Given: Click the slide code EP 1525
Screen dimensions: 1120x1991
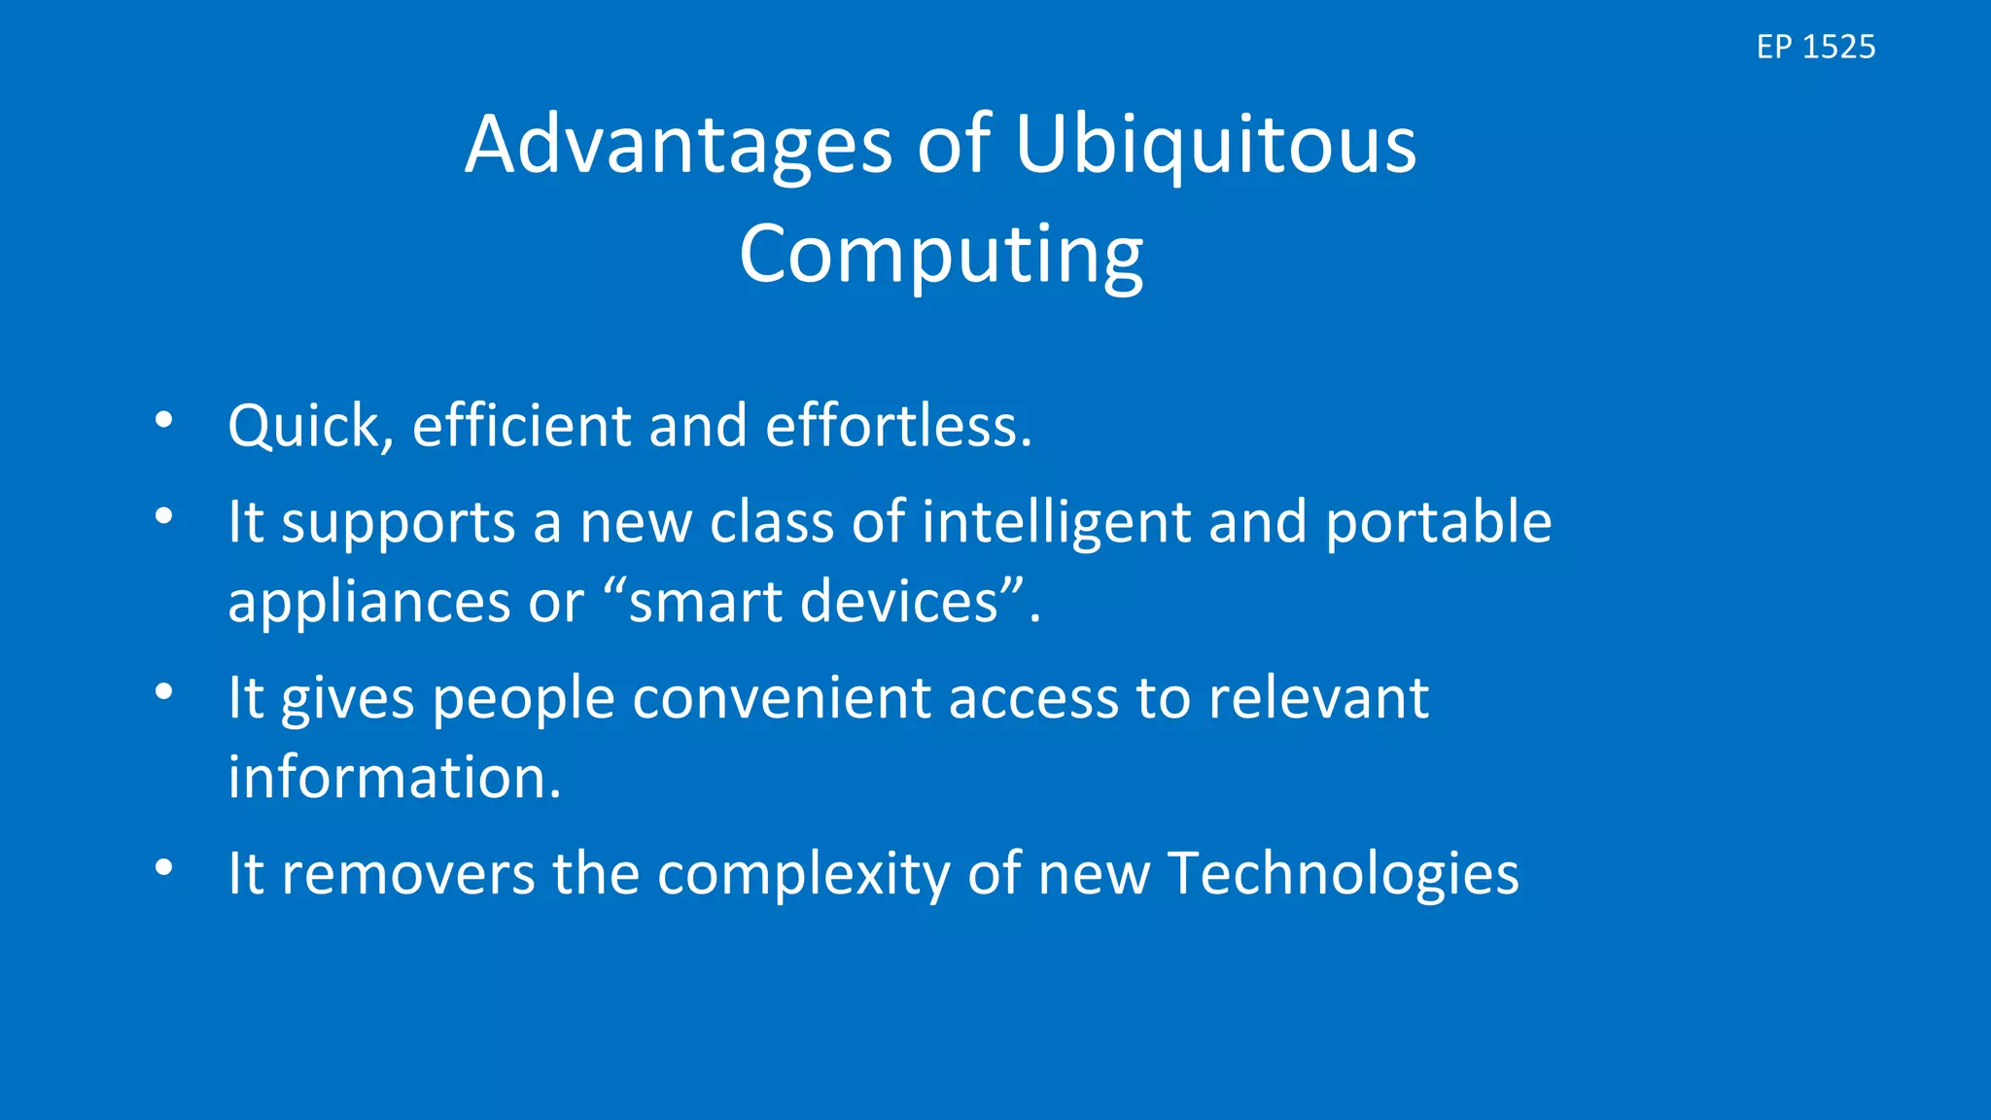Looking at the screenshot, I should point(1815,47).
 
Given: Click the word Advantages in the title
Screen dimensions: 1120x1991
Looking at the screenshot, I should point(678,146).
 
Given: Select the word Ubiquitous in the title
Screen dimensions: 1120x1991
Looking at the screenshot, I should point(1215,146).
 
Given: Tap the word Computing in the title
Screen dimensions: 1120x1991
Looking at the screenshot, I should point(940,255).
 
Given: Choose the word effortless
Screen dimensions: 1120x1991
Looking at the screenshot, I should point(897,427).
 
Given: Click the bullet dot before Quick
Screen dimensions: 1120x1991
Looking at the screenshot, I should point(163,420).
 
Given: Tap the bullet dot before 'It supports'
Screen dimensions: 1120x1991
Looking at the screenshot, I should point(163,516).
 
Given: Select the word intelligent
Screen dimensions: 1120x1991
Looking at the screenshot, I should point(1056,523).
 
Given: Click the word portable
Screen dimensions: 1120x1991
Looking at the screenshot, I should point(1438,523).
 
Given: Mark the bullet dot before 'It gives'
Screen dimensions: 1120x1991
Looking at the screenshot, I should point(163,692).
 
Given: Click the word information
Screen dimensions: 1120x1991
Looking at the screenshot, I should point(394,778).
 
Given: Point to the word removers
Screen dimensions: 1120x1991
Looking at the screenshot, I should point(407,874).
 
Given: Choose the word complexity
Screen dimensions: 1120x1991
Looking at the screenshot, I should point(803,874).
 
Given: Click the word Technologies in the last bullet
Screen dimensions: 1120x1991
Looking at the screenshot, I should point(1343,874).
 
